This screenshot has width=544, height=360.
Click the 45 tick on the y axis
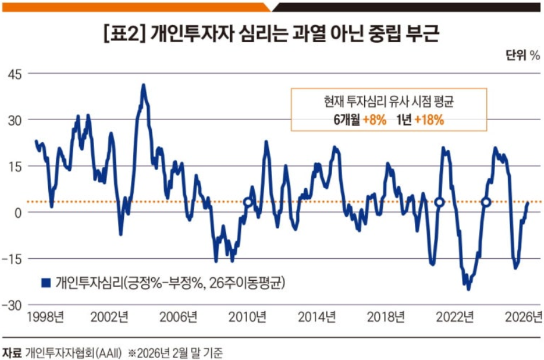pyautogui.click(x=14, y=73)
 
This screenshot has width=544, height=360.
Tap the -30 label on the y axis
pyautogui.click(x=12, y=305)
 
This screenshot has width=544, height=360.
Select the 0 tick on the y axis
pyautogui.click(x=18, y=212)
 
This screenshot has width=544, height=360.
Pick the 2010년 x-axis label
pyautogui.click(x=248, y=315)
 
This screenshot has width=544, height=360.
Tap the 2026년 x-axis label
pyautogui.click(x=524, y=315)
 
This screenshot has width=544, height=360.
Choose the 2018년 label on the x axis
pyautogui.click(x=386, y=315)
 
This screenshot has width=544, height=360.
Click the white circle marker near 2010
pyautogui.click(x=248, y=202)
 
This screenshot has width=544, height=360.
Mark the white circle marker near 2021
pyautogui.click(x=440, y=202)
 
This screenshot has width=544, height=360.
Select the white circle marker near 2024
pyautogui.click(x=486, y=202)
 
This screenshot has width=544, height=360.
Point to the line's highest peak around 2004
pyautogui.click(x=143, y=85)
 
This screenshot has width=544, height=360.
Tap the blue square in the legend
pyautogui.click(x=45, y=282)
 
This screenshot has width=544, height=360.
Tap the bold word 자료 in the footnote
pyautogui.click(x=12, y=350)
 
